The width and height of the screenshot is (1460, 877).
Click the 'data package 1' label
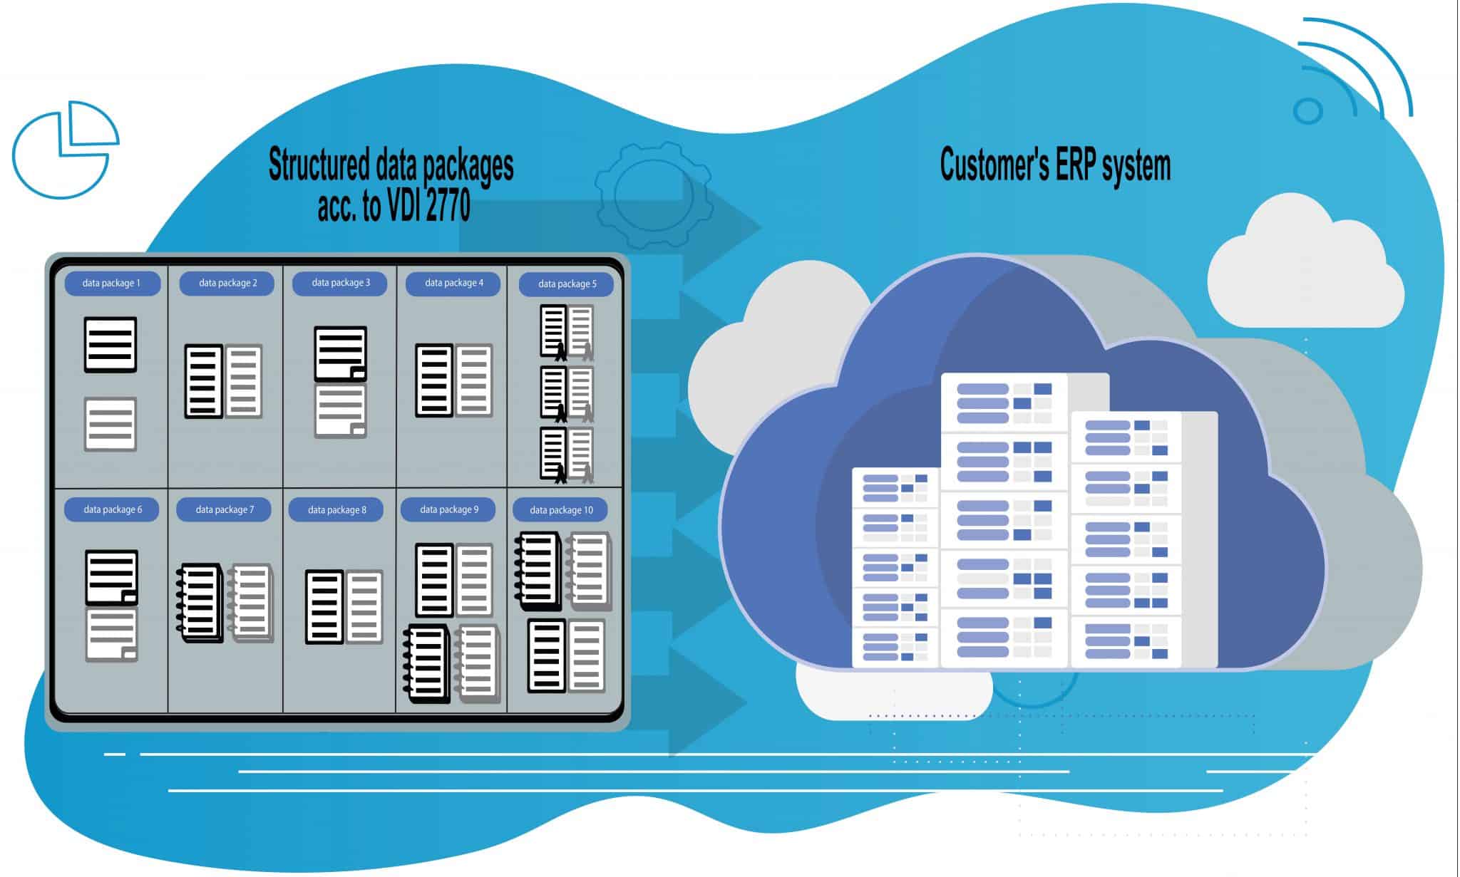click(x=112, y=283)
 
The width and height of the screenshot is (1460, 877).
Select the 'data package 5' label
click(x=567, y=284)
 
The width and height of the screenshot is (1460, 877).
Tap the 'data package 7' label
click(x=224, y=509)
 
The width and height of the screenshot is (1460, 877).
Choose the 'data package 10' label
click(x=561, y=510)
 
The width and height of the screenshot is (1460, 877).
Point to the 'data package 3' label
click(x=340, y=283)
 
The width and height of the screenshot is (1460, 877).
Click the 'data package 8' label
click(x=336, y=510)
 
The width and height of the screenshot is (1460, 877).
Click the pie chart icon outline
click(x=63, y=150)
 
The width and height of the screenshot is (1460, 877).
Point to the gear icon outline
click(x=653, y=194)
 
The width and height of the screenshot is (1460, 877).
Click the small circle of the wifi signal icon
click(x=1307, y=110)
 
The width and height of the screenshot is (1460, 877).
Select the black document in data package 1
click(x=110, y=345)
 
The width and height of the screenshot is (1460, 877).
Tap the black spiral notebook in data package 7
click(x=199, y=603)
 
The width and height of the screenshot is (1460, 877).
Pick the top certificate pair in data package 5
click(x=567, y=331)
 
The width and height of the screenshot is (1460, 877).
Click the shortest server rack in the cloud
click(x=895, y=567)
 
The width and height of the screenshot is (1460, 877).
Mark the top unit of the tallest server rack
click(x=1004, y=403)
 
